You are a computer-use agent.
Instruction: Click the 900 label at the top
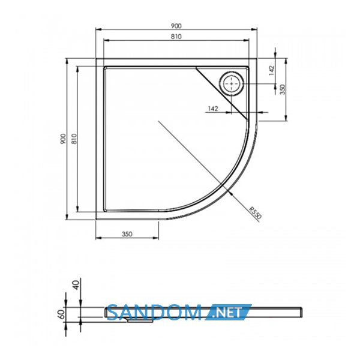point(176,26)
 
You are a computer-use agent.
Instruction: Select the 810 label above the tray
point(176,37)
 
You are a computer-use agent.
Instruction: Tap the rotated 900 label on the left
point(63,139)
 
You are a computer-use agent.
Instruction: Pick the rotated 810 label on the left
point(74,139)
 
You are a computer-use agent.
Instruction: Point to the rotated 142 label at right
point(271,71)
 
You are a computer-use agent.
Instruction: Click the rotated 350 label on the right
point(283,89)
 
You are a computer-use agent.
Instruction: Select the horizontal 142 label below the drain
point(213,109)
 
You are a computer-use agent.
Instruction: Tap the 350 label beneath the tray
point(127,234)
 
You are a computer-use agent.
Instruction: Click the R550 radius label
point(256,212)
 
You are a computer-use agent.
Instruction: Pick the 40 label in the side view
point(76,285)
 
